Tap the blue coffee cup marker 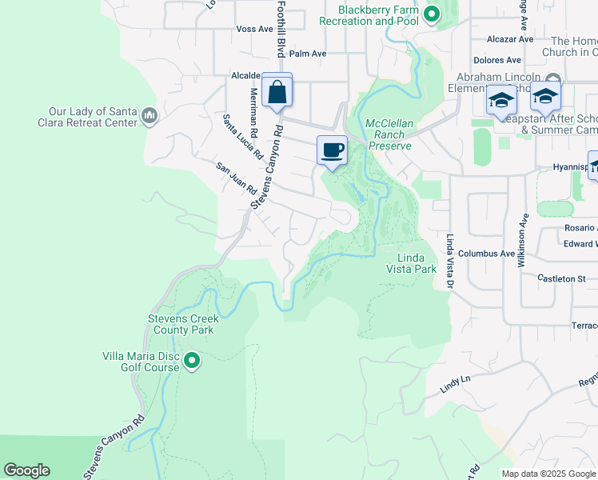(x=332, y=150)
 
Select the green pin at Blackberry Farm (x=432, y=14)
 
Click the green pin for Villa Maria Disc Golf (x=191, y=362)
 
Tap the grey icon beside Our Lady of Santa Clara (x=149, y=117)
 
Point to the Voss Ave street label (x=254, y=29)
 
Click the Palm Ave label (x=308, y=54)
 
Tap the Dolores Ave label (x=496, y=60)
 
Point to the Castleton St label (x=562, y=278)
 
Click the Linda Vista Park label (x=417, y=263)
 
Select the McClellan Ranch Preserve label (x=389, y=135)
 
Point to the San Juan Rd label (x=235, y=178)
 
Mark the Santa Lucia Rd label (x=242, y=137)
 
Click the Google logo (x=26, y=470)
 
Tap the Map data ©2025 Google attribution (x=548, y=474)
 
